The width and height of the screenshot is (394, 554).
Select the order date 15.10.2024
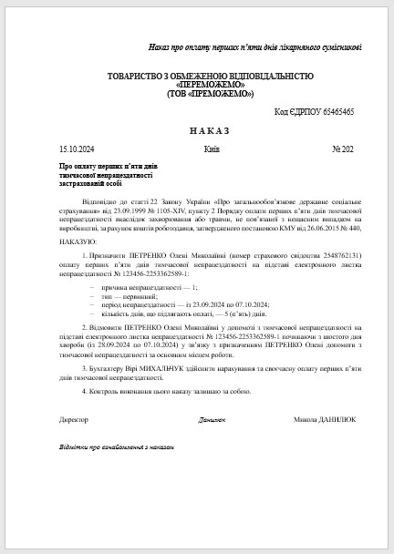point(77,148)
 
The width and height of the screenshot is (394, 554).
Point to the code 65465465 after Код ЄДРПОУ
point(335,111)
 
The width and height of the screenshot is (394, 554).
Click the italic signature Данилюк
point(212,420)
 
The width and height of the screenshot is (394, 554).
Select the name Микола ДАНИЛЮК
point(326,419)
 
